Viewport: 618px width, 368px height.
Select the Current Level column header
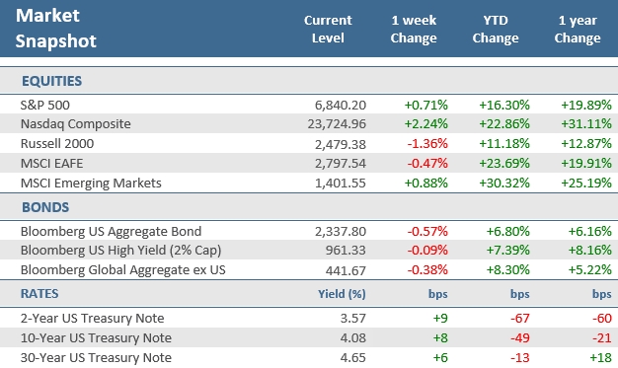click(x=328, y=29)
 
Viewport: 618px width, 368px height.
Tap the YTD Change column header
click(x=495, y=29)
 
